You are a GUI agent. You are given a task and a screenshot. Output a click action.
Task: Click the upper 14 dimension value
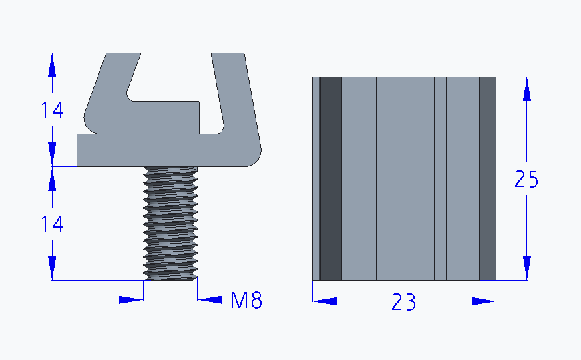coord(51,110)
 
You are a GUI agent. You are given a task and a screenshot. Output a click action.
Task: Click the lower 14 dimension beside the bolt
coord(51,225)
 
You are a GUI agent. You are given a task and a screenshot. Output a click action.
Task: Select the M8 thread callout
coord(246,301)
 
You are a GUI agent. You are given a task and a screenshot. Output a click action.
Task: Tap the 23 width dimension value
coord(403,303)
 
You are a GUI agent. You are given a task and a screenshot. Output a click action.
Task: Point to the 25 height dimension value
coord(526,180)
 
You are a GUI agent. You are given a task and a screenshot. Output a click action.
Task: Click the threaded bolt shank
coord(170,223)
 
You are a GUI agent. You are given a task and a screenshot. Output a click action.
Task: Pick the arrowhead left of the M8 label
coord(130,300)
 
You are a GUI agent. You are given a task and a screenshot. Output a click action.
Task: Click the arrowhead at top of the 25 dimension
coord(526,89)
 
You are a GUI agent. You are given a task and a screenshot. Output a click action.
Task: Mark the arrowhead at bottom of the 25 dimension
coord(526,268)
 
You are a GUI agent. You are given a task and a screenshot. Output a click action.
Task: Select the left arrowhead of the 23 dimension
coord(325,301)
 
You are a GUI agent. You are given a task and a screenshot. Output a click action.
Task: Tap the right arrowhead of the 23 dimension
coord(484,301)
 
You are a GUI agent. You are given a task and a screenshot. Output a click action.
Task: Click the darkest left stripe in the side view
coord(331,178)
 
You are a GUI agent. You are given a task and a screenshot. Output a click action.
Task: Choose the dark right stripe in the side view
coord(488,178)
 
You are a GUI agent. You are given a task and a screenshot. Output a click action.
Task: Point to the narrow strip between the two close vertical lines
coord(440,178)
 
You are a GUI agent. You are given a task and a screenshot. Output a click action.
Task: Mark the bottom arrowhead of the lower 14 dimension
coord(51,269)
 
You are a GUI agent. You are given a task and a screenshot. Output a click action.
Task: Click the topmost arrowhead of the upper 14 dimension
coord(51,65)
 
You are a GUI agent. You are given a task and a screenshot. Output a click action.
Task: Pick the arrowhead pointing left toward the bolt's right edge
coord(210,300)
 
